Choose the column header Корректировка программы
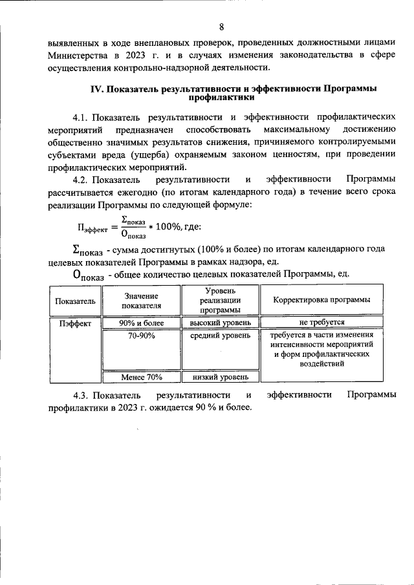[x=321, y=301]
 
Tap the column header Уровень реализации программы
[x=221, y=301]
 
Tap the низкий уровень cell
[x=221, y=377]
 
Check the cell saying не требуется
[x=321, y=322]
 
